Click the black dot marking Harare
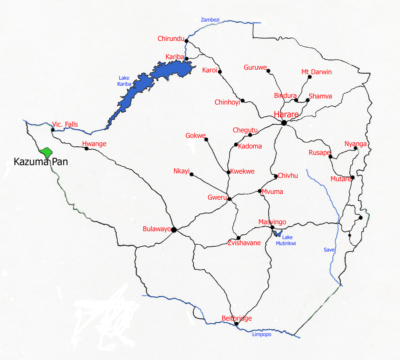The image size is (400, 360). [284, 123]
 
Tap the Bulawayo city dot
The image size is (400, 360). [174, 230]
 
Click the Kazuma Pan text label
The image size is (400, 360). [41, 162]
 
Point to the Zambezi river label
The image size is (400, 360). [210, 20]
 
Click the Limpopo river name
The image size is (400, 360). [262, 334]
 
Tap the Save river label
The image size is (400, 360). [329, 250]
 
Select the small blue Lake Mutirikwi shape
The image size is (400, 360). [277, 233]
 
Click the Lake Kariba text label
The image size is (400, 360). [124, 81]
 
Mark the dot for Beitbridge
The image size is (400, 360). [237, 324]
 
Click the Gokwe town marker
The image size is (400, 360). [206, 139]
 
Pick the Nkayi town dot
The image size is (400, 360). [191, 174]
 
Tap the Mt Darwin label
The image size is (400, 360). [316, 72]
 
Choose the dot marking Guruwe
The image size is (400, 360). [268, 71]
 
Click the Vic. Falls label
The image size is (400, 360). [65, 124]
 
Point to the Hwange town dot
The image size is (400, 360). [86, 148]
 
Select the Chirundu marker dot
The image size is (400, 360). [187, 41]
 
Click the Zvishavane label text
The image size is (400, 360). [244, 243]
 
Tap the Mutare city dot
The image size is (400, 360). [352, 178]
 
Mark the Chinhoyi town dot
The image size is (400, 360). [243, 101]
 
